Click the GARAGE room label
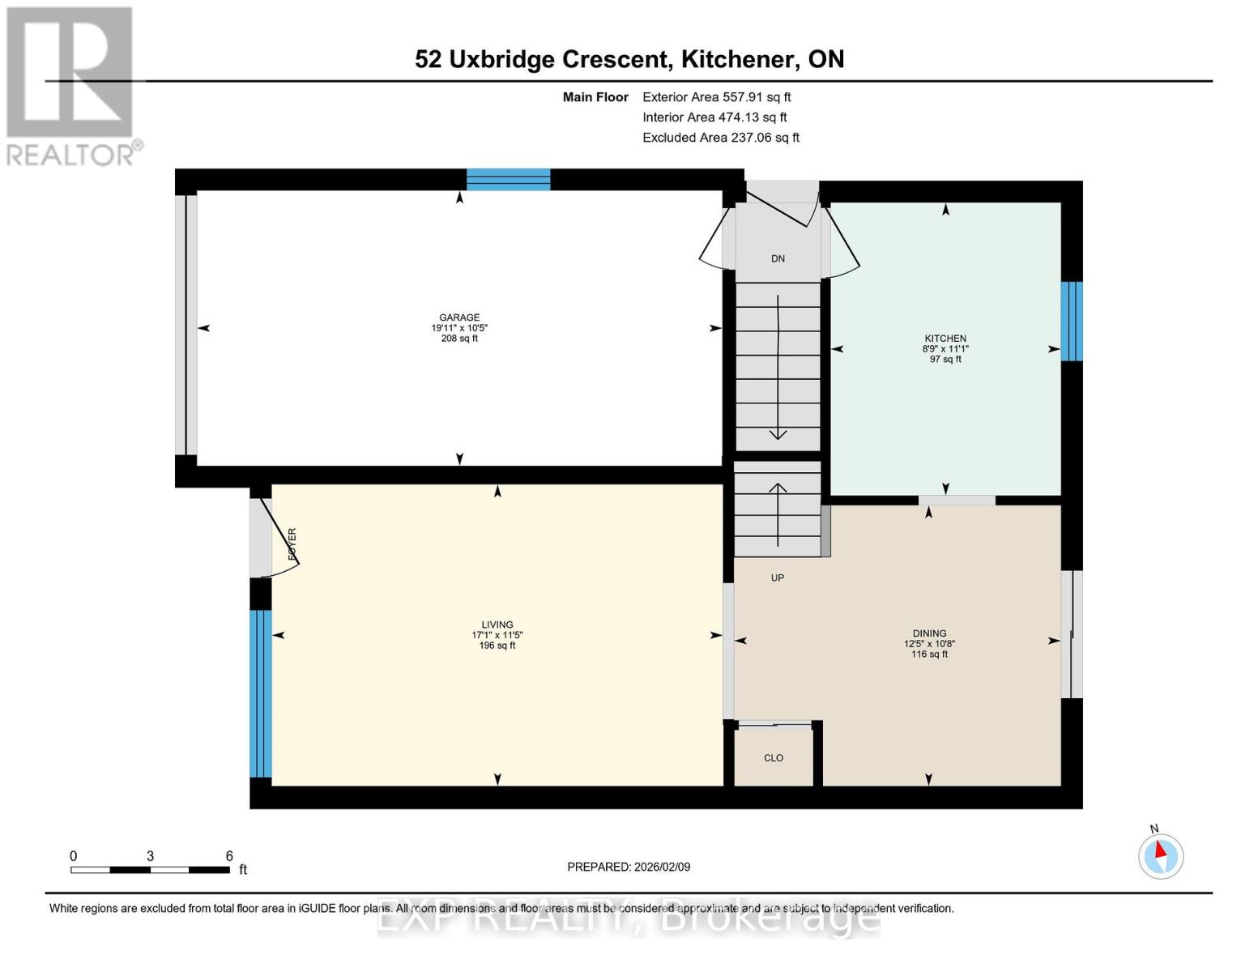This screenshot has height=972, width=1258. click(459, 318)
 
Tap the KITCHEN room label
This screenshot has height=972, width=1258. click(945, 338)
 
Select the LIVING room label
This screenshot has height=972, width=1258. click(497, 624)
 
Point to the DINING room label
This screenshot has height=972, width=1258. click(929, 633)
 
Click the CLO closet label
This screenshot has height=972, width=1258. click(774, 758)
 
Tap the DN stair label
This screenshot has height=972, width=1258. click(778, 258)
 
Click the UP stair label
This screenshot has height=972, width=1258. click(777, 578)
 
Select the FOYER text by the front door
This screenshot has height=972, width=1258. click(292, 544)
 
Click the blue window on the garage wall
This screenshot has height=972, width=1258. click(508, 180)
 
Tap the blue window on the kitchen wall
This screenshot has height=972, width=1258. click(1071, 322)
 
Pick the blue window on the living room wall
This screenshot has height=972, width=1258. click(261, 693)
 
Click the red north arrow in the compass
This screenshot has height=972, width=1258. click(1160, 850)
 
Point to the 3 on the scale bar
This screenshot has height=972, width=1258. click(150, 855)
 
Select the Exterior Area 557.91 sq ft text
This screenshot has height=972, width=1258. click(716, 97)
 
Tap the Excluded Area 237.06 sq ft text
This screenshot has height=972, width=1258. click(721, 138)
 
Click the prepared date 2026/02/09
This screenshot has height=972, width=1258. click(662, 867)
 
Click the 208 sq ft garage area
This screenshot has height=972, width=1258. click(459, 338)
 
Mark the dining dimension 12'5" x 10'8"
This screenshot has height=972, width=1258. click(929, 644)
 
